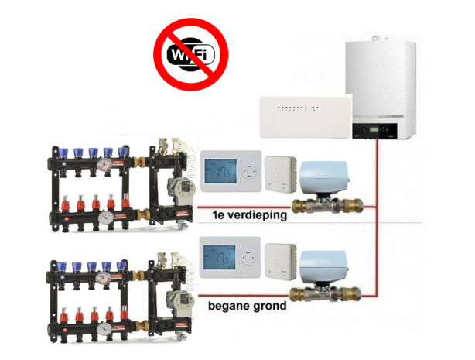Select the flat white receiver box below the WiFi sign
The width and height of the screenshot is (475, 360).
pyautogui.click(x=304, y=114)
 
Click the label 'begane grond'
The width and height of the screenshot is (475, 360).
pyautogui.click(x=247, y=306)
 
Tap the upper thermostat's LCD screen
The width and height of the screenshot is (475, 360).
pyautogui.click(x=224, y=172)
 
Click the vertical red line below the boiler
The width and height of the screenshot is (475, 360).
pyautogui.click(x=377, y=217)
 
